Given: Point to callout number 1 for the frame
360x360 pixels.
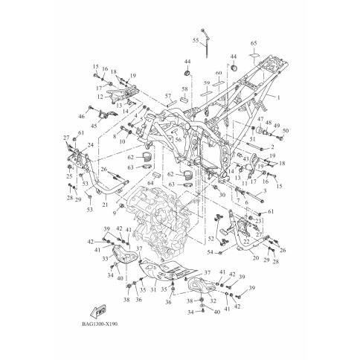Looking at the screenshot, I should point(279,98).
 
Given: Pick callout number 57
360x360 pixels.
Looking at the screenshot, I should point(168,96).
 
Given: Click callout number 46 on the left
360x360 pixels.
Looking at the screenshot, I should point(82,118).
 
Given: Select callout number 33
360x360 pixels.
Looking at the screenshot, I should point(106,259).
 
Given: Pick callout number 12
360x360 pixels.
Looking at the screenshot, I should point(100,97).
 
